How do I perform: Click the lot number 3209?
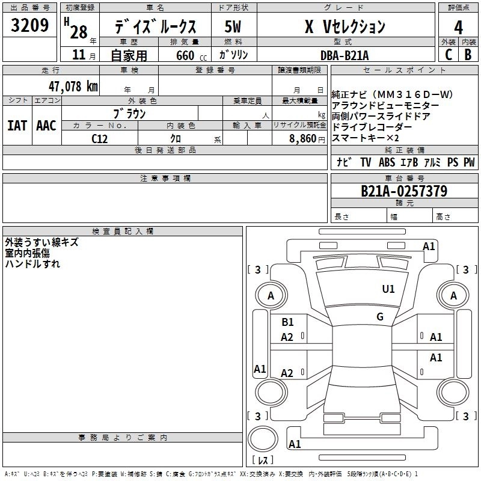pos(30,26)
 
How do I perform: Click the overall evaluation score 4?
pos(458,27)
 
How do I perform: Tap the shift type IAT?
pos(17,126)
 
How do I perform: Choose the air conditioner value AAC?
pos(46,126)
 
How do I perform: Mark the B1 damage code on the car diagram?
pos(287,322)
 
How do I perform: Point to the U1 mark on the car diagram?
pos(388,289)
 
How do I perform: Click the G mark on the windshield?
pos(380,317)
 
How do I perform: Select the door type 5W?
pos(233,27)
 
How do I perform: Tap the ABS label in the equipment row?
pos(387,162)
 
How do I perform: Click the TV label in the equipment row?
pos(366,162)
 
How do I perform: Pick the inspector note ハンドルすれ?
pos(32,263)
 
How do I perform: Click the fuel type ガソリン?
pos(233,55)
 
